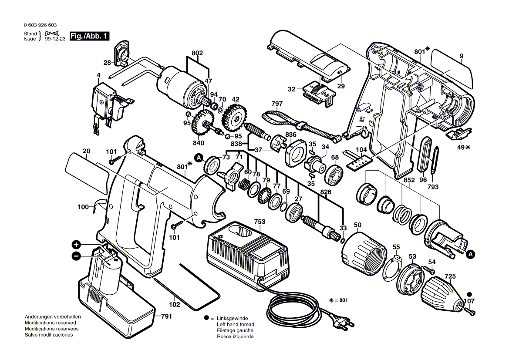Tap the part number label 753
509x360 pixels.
260,222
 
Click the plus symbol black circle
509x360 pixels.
76,245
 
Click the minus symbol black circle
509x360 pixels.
76,256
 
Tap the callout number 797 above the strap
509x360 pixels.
277,104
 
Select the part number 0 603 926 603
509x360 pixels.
40,25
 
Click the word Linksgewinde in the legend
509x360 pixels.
233,319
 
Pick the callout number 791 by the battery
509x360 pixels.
166,316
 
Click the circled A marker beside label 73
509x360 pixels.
199,158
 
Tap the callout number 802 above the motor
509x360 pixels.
197,53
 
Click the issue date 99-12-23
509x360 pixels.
55,39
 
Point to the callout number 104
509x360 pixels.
361,150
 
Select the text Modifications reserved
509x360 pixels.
51,323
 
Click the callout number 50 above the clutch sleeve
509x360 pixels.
357,225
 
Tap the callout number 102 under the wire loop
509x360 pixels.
174,304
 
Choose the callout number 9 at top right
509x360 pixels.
461,56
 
